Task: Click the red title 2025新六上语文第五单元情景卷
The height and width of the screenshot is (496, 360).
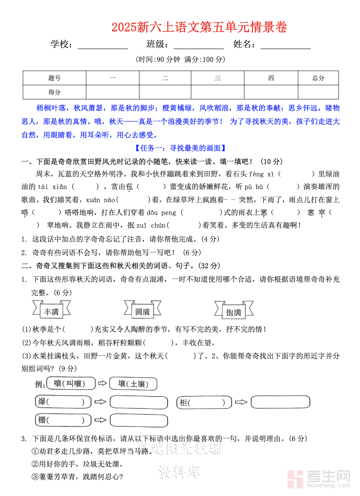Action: [x=199, y=27]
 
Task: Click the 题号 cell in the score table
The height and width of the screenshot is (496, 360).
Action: [x=54, y=78]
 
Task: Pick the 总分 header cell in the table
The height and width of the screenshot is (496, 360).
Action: [x=318, y=78]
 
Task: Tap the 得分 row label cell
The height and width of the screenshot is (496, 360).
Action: [x=54, y=92]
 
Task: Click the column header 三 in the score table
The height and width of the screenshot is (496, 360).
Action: [x=217, y=78]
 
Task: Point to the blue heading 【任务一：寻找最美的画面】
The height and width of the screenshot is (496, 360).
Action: [x=180, y=148]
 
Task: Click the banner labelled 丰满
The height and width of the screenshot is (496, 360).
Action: [x=51, y=312]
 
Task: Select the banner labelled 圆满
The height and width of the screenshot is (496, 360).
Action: [x=142, y=312]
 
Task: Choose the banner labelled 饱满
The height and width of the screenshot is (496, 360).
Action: [x=234, y=312]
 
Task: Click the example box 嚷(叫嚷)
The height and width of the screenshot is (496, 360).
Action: [x=71, y=384]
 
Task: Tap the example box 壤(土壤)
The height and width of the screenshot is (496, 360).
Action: [x=133, y=384]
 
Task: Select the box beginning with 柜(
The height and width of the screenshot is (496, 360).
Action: [x=203, y=403]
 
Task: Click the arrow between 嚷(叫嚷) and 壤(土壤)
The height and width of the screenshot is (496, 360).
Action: [x=103, y=384]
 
